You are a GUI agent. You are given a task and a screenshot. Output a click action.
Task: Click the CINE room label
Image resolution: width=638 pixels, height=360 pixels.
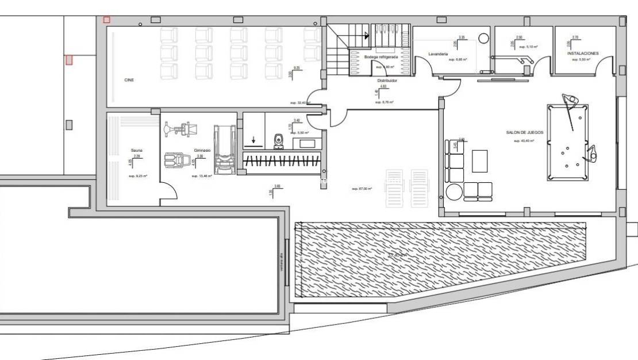point(129,80)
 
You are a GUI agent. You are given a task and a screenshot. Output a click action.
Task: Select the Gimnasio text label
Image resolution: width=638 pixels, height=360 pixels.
point(202,150)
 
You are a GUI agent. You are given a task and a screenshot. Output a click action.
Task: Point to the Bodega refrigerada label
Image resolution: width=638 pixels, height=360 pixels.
point(381,57)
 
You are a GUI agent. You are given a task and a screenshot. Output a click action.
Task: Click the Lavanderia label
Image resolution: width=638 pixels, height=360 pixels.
point(438,53)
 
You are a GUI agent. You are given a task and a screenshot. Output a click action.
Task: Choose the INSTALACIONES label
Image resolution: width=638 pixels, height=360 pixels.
point(583,53)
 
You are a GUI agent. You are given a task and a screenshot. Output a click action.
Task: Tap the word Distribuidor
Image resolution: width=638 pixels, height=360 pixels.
point(387,81)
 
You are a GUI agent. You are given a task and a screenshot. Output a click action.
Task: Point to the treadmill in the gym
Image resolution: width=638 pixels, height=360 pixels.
point(224,150)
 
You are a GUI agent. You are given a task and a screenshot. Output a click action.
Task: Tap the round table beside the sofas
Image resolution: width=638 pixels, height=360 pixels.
point(455,191)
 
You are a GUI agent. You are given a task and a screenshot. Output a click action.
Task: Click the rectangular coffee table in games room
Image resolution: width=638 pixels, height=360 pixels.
point(479,160)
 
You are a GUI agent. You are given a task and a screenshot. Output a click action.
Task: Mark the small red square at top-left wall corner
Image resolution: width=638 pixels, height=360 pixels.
point(106,20)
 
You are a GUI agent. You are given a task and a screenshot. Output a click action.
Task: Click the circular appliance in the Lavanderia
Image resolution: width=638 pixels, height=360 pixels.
point(483,39)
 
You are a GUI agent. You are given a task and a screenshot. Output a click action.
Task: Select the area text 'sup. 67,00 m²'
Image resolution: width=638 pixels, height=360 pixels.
point(362,189)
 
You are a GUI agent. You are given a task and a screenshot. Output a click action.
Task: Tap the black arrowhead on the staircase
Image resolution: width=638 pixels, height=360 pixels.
point(367,36)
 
